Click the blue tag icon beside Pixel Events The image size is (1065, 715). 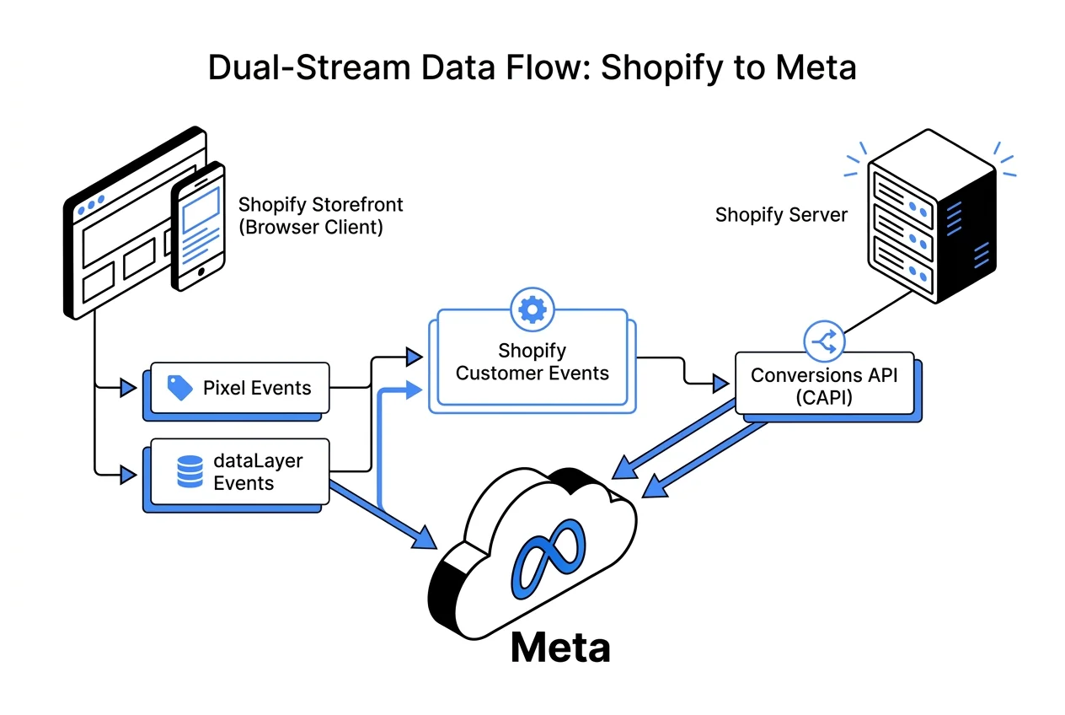tap(179, 388)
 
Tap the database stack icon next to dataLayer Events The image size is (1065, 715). tap(190, 471)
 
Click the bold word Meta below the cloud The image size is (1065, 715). tap(559, 648)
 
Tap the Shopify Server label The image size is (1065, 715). tap(781, 215)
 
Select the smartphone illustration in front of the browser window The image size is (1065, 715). tap(199, 226)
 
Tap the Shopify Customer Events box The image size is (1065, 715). tap(532, 363)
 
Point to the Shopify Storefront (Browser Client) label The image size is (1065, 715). tap(320, 215)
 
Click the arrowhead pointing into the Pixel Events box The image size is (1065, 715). tap(129, 388)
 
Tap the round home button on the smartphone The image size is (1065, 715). tap(199, 274)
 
